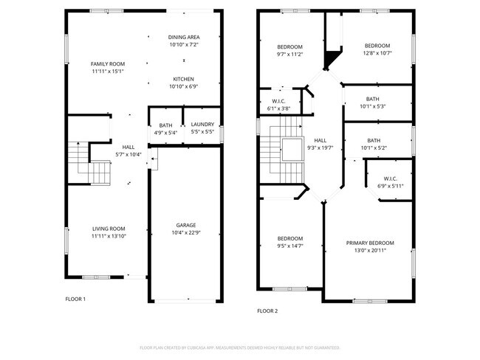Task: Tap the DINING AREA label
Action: (x=184, y=37)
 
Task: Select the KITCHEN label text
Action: (x=184, y=79)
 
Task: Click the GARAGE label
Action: (x=185, y=225)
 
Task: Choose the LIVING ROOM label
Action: (x=109, y=229)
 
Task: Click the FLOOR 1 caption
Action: (x=76, y=299)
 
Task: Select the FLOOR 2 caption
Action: (x=267, y=311)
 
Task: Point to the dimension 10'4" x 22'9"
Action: (x=185, y=233)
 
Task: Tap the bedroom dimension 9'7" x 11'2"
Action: (x=289, y=55)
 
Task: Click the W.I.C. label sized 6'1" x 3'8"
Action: (x=278, y=102)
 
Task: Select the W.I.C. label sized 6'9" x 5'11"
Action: (x=391, y=179)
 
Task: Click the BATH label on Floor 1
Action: (x=165, y=125)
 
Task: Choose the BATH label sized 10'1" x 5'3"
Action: (x=373, y=99)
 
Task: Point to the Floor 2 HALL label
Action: (x=320, y=139)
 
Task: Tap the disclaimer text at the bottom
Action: (x=239, y=347)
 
